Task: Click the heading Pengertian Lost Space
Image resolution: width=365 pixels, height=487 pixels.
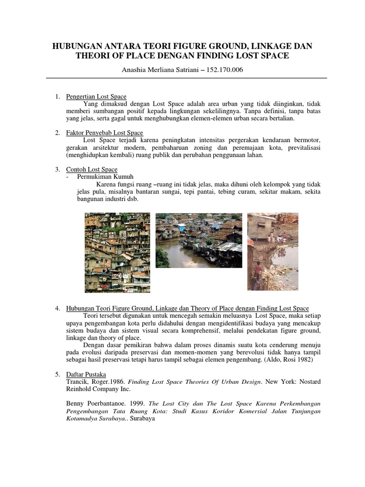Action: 96,97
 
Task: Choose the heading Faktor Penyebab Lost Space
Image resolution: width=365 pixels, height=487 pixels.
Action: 105,133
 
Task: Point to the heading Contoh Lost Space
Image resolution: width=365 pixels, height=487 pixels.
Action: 92,169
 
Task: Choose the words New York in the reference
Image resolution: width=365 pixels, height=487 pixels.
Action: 279,381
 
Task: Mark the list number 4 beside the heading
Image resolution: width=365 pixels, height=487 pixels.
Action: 57,309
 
